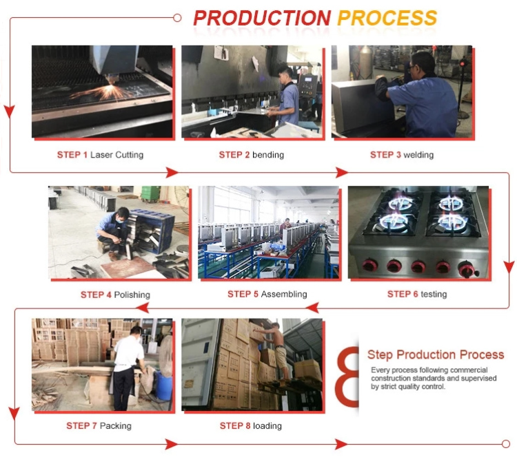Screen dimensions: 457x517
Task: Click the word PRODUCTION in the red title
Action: click(262, 19)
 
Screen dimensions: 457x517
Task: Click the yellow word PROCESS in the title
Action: click(387, 19)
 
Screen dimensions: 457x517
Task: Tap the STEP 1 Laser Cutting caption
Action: click(100, 155)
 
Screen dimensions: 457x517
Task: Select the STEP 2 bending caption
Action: click(252, 155)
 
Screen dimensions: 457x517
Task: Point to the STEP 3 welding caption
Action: click(402, 155)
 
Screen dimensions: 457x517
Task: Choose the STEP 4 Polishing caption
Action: click(115, 295)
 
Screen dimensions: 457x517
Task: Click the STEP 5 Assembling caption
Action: click(267, 295)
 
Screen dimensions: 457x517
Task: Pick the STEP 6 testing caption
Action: click(417, 294)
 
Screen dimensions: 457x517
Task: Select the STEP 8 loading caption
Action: click(251, 426)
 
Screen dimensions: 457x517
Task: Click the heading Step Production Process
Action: click(436, 355)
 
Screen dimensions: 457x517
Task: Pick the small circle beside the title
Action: click(177, 17)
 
